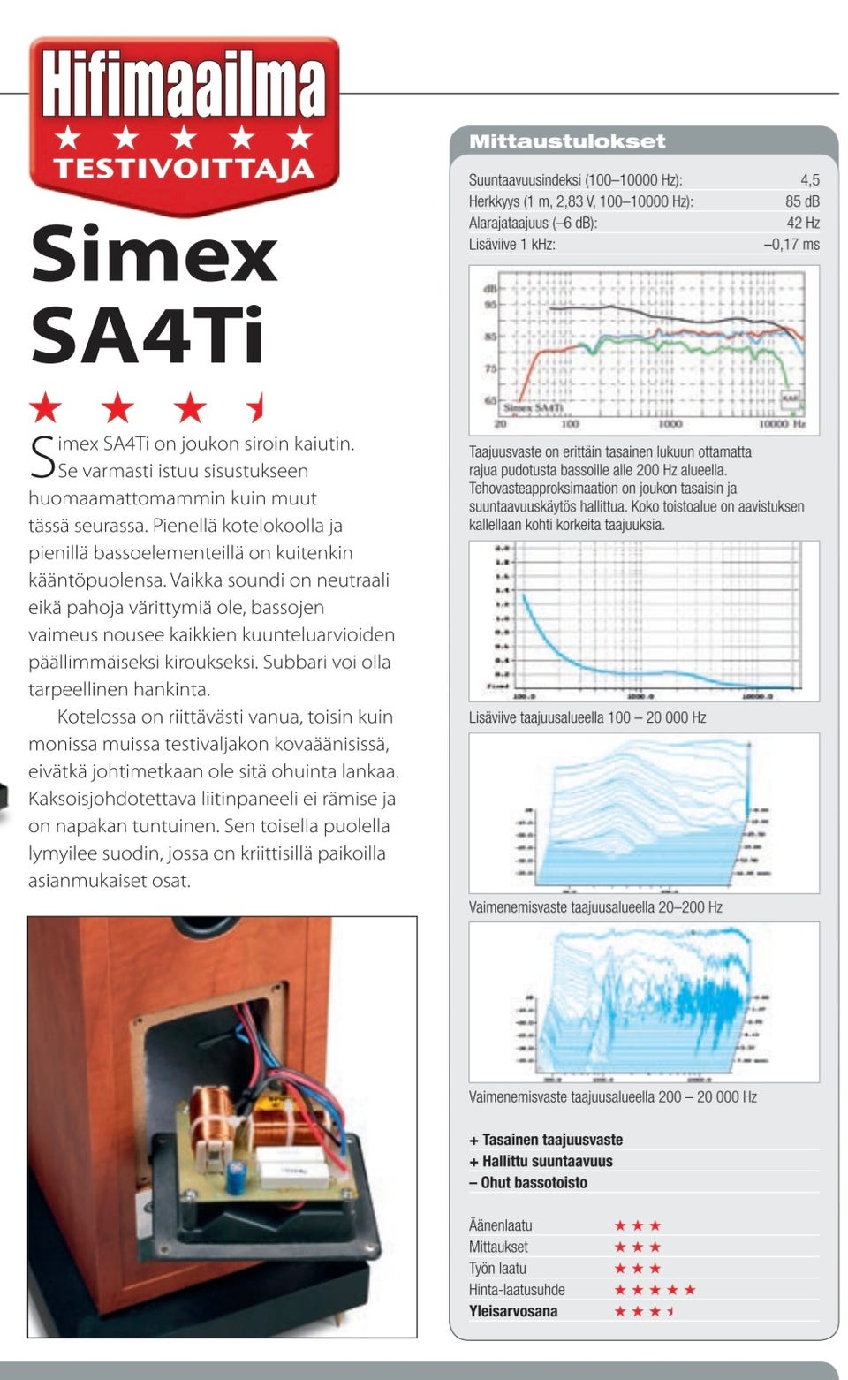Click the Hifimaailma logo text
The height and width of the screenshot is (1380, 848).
click(x=184, y=85)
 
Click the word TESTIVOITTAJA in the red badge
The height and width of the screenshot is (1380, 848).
click(x=184, y=168)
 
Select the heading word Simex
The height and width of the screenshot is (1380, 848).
click(x=155, y=254)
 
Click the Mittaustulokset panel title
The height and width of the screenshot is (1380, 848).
click(x=567, y=141)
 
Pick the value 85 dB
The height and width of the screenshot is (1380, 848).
click(x=802, y=201)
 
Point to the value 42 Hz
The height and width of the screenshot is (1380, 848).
click(x=803, y=223)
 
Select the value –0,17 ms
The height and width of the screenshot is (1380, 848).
click(x=791, y=245)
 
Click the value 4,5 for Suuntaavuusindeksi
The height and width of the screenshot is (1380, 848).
click(x=810, y=180)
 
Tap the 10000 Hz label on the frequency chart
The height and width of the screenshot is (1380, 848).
click(x=782, y=425)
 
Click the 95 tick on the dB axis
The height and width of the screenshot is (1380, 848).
click(x=490, y=305)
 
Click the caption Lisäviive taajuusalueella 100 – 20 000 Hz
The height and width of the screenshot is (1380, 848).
click(x=587, y=717)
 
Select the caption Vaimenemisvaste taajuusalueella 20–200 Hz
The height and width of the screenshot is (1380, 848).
click(x=595, y=907)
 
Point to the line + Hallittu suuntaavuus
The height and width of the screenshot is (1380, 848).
click(x=541, y=1162)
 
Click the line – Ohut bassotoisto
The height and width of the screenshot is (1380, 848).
click(x=528, y=1183)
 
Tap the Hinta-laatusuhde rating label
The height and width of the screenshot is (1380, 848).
click(x=517, y=1290)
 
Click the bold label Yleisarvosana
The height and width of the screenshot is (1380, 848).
click(x=513, y=1311)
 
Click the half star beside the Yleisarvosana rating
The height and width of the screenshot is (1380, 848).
click(x=671, y=1311)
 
